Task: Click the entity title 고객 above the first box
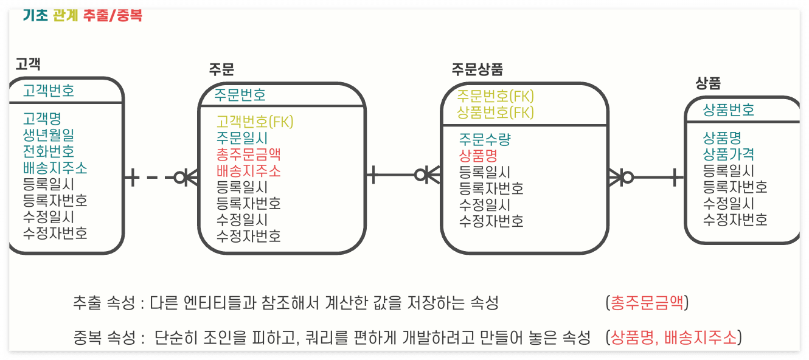[x=29, y=64]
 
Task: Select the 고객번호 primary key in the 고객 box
[x=49, y=91]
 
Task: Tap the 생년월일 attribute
[x=49, y=134]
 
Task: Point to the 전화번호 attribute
[x=49, y=151]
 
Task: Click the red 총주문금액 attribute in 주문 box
[x=248, y=154]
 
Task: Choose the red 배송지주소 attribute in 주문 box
[x=248, y=171]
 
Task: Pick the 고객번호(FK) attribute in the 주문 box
[x=255, y=122]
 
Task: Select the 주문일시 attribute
[x=242, y=138]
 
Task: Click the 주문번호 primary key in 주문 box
[x=240, y=95]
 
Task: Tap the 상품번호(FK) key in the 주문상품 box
[x=495, y=112]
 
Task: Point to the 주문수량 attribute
[x=485, y=139]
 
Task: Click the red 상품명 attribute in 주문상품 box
[x=478, y=156]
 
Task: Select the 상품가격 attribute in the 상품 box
[x=728, y=154]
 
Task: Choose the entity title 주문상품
[x=477, y=69]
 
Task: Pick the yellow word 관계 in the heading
[x=66, y=15]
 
